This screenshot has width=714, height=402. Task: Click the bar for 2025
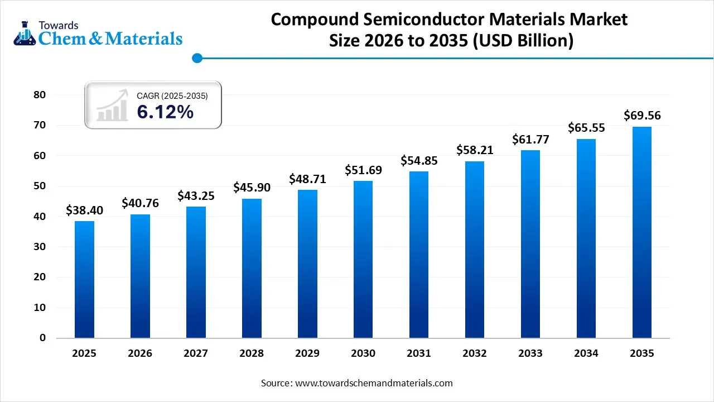point(84,279)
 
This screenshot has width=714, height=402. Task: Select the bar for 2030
point(363,260)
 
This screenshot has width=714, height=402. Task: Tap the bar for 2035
point(642,232)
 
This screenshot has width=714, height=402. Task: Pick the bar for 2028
point(252,268)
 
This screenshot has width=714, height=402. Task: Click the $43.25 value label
point(196,196)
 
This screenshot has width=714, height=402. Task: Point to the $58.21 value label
point(475,150)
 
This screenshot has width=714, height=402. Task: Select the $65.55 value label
point(586,128)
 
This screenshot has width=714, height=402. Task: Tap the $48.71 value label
point(307,179)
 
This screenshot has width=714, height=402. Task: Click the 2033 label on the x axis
point(530,353)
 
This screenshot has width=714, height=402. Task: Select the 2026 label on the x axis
point(140,353)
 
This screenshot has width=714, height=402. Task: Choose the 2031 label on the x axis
point(419,353)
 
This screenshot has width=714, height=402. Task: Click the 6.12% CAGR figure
point(165,112)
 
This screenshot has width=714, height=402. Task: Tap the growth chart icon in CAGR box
point(112,106)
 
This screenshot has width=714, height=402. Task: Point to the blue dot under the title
point(196,58)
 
